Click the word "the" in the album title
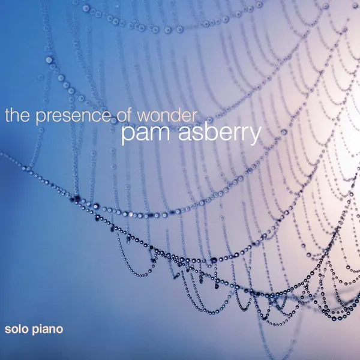(17, 115)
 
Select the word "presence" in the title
(73, 117)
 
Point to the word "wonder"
(167, 115)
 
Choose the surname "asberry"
(220, 134)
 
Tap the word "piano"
(47, 329)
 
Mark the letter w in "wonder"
(144, 118)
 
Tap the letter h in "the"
(15, 115)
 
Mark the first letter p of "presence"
(40, 119)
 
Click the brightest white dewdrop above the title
(49, 60)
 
